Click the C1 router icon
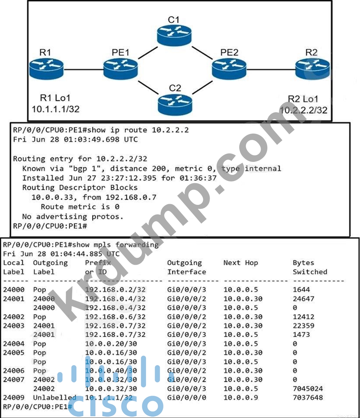(x=174, y=34)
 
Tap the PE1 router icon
(x=120, y=69)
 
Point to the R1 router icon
(x=46, y=69)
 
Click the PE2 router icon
(x=229, y=69)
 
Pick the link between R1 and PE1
(x=83, y=70)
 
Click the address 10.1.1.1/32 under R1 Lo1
(x=55, y=109)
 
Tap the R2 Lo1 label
(x=303, y=99)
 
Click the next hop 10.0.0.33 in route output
(x=52, y=197)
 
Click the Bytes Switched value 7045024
(x=308, y=388)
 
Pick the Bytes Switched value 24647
(x=303, y=299)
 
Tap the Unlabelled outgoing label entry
(x=55, y=397)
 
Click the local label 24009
(x=14, y=397)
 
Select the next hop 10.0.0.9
(x=241, y=397)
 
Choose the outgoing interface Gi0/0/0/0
(x=187, y=397)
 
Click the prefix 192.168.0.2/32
(x=115, y=289)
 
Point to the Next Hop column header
(x=241, y=263)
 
